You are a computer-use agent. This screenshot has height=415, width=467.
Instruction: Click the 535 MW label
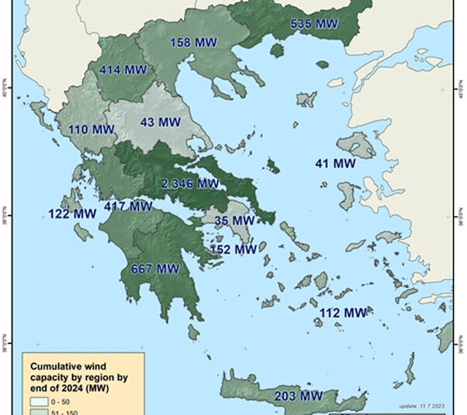click(x=313, y=24)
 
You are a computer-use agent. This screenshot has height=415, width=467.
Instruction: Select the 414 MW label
click(x=123, y=70)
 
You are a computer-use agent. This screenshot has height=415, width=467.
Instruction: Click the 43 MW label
click(x=157, y=122)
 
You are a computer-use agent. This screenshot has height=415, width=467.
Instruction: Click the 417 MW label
click(x=128, y=207)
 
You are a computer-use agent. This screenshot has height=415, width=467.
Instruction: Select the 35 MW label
click(x=233, y=221)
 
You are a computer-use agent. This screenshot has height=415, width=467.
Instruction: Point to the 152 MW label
click(x=233, y=249)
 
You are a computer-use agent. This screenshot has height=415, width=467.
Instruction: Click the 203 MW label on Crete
click(x=299, y=396)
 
